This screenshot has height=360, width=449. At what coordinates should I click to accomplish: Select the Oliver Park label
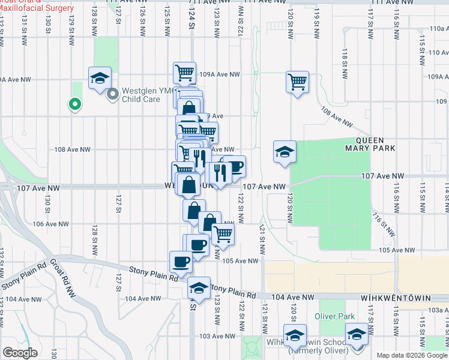click(335, 316)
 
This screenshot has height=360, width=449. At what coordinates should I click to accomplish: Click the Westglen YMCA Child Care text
click(142, 95)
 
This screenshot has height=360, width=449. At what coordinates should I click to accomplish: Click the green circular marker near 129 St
click(74, 104)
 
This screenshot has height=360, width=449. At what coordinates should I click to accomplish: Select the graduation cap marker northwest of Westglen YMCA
click(100, 78)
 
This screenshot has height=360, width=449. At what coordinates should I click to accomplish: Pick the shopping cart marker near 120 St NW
click(297, 81)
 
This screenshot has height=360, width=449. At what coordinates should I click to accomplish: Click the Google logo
click(20, 353)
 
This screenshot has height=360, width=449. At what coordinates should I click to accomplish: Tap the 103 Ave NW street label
click(214, 336)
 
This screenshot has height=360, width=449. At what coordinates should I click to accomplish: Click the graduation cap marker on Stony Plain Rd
click(199, 287)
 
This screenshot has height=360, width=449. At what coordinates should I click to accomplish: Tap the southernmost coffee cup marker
click(181, 262)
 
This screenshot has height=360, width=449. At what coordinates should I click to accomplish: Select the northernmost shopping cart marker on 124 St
click(185, 73)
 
